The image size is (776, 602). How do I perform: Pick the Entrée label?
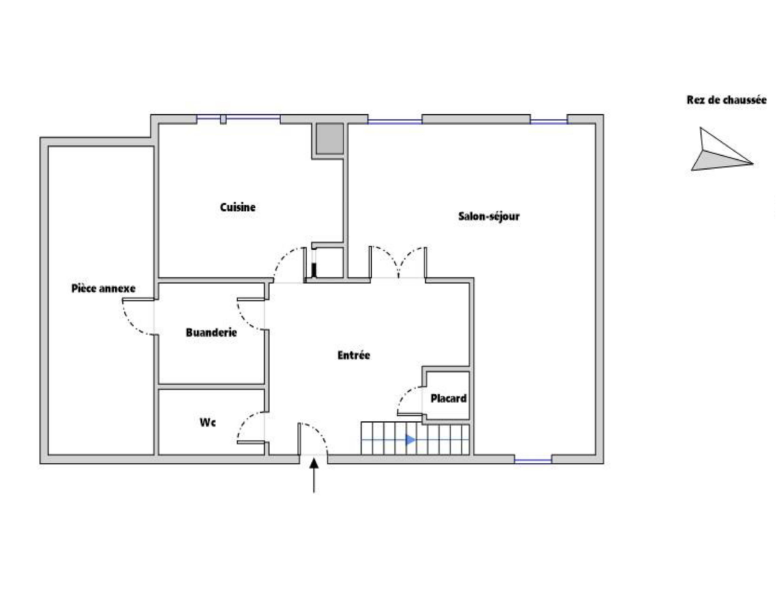(x=353, y=355)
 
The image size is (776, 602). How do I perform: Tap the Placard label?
(x=448, y=399)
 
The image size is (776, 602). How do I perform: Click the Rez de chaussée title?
(x=726, y=100)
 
